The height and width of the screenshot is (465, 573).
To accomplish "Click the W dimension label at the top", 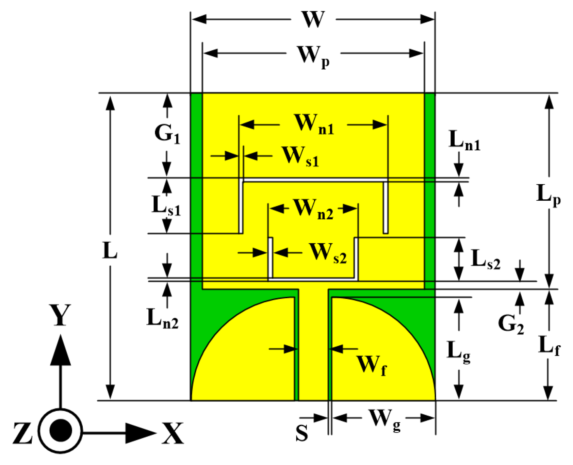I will pyautogui.click(x=313, y=20).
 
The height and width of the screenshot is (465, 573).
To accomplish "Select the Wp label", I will pyautogui.click(x=313, y=56).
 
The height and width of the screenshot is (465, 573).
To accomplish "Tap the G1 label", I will pyautogui.click(x=167, y=133).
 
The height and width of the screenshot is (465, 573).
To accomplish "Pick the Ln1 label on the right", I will pyautogui.click(x=464, y=140).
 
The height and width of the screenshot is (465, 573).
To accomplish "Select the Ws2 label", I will pyautogui.click(x=328, y=254).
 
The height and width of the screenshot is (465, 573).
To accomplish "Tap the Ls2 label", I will pyautogui.click(x=485, y=260).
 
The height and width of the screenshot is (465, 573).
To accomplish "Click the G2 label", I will pyautogui.click(x=510, y=324).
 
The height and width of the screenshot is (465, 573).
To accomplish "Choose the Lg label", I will pyautogui.click(x=458, y=351).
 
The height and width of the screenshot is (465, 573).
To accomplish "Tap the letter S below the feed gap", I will pyautogui.click(x=301, y=433).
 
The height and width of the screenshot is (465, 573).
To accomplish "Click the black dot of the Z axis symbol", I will pyautogui.click(x=61, y=430).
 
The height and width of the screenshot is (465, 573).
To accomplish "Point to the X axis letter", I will pyautogui.click(x=173, y=433).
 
